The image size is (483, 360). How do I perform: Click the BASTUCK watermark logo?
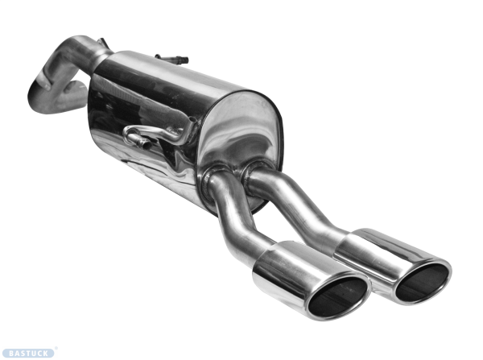pyautogui.click(x=28, y=353)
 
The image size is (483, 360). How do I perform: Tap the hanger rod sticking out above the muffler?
pyautogui.click(x=173, y=59)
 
